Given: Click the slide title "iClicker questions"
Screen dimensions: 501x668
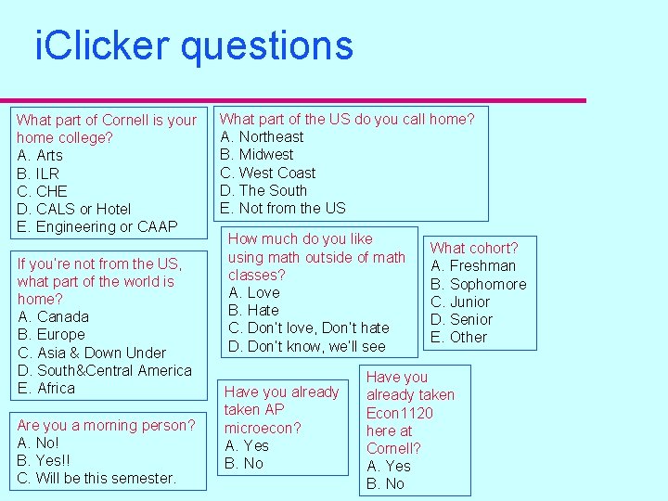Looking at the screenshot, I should (194, 45).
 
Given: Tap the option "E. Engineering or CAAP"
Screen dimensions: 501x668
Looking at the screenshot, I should (96, 226).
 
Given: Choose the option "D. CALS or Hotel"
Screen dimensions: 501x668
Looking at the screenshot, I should (74, 209).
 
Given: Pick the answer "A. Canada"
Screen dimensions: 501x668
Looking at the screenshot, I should (51, 316).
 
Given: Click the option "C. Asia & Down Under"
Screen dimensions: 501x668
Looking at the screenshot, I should (91, 353).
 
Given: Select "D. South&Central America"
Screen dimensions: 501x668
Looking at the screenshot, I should (104, 370).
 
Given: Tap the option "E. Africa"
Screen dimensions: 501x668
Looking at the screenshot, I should (45, 388).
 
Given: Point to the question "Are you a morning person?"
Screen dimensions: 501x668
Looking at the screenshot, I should (107, 425).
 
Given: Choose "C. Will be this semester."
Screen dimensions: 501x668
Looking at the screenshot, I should (96, 478).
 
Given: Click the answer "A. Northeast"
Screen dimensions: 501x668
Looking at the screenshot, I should (262, 136).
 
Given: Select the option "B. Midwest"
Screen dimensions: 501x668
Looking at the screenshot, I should (256, 154).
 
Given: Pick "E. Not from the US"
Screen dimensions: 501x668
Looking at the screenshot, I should (282, 208).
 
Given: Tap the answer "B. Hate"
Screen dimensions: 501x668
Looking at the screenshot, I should (253, 310).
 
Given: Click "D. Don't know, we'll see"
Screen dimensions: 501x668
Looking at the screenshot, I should (306, 346).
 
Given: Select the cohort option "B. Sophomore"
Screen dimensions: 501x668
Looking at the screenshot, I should (478, 284).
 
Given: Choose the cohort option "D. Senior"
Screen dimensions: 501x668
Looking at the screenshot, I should (461, 319).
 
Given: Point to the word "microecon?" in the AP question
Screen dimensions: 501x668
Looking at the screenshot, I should (263, 428).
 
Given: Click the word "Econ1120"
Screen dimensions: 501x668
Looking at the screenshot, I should (400, 413).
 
